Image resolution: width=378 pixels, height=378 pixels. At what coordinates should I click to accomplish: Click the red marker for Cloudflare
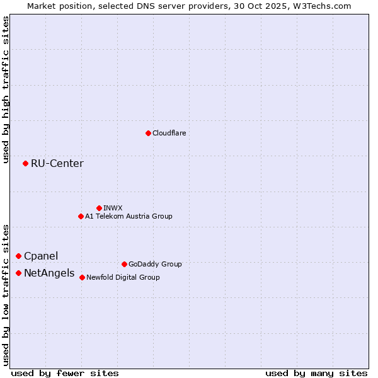point(148,133)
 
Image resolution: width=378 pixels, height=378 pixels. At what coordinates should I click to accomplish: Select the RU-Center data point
point(25,163)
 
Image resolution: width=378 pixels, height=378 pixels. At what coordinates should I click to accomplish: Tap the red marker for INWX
point(99,208)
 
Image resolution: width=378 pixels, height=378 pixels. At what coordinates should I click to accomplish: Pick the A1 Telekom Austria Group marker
point(81,216)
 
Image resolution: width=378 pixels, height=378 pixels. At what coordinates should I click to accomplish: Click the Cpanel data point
point(18,256)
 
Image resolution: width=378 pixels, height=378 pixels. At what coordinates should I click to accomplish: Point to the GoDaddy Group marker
point(124,264)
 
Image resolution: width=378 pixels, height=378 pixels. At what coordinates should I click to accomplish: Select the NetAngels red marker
point(18,273)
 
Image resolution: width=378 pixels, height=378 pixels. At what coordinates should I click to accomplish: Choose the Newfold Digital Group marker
point(82,277)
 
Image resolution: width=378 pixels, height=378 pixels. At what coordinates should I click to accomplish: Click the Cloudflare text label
point(169,133)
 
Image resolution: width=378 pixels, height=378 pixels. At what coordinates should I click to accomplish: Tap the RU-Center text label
point(57,164)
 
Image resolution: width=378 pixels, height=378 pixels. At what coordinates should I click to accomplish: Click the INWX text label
point(113,208)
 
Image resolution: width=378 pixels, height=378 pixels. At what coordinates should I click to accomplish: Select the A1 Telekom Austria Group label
point(129,216)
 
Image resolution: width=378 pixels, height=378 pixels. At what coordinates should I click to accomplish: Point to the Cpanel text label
point(41,256)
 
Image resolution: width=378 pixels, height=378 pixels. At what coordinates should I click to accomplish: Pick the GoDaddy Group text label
point(155,264)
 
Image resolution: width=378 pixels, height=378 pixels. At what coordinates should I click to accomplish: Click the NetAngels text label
point(49,273)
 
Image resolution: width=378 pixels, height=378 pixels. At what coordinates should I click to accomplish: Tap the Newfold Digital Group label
point(123,277)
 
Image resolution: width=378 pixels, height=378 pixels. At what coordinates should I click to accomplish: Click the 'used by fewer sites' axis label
point(65,373)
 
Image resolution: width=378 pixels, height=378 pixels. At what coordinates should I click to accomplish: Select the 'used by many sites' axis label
point(316,373)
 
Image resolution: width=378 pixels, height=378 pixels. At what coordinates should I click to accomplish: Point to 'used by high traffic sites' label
point(6,90)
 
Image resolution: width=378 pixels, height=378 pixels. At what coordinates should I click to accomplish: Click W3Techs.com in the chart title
point(319,6)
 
